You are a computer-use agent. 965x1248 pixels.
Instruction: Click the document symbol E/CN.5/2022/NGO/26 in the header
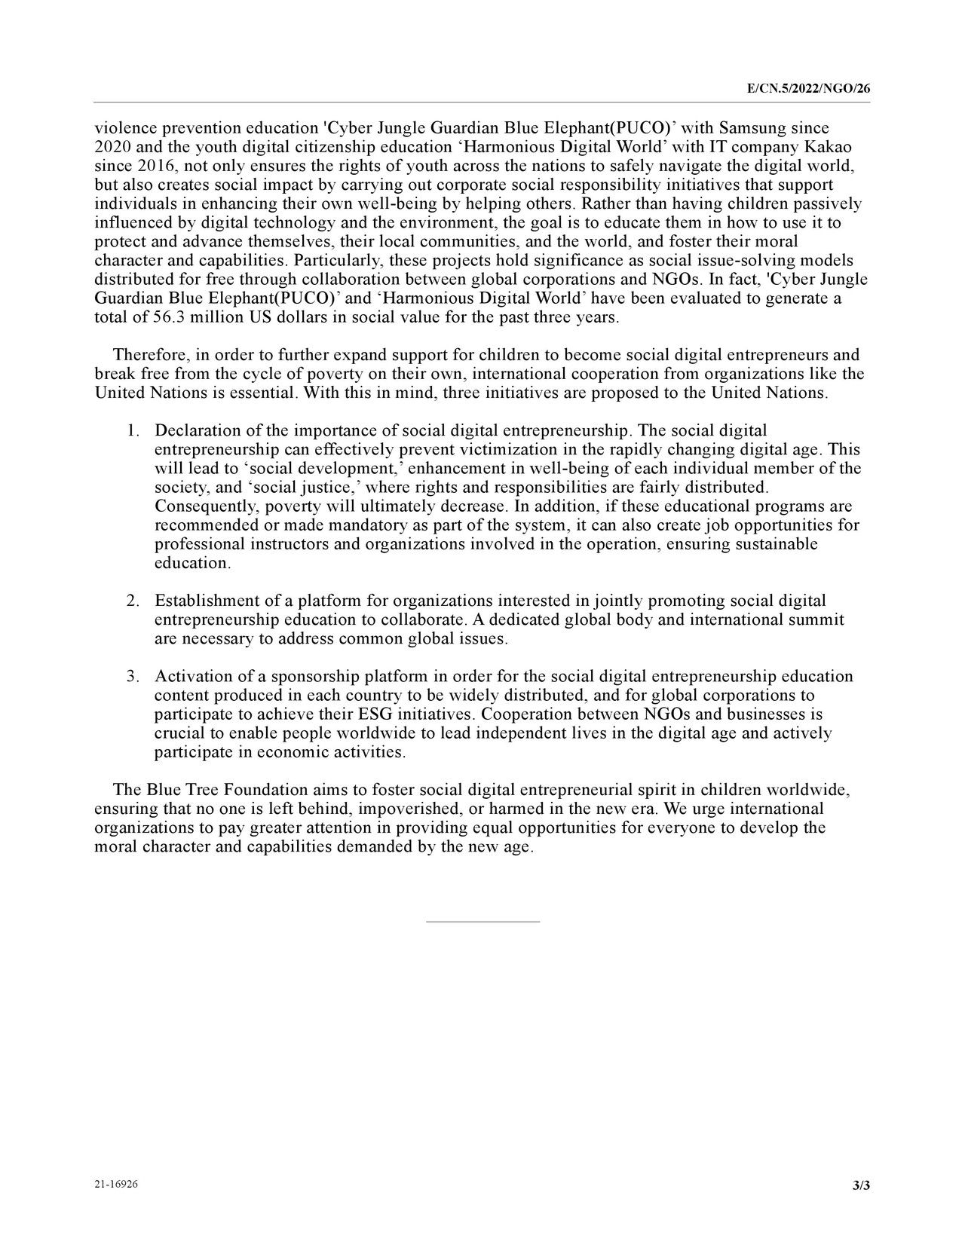click(x=808, y=89)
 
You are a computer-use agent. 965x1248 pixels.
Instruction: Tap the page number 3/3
click(x=861, y=1185)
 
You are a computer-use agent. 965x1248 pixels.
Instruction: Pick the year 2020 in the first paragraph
click(x=112, y=147)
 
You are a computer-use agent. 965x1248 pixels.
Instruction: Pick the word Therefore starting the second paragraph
click(x=150, y=355)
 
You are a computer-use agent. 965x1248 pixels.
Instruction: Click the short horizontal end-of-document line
click(x=482, y=921)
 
